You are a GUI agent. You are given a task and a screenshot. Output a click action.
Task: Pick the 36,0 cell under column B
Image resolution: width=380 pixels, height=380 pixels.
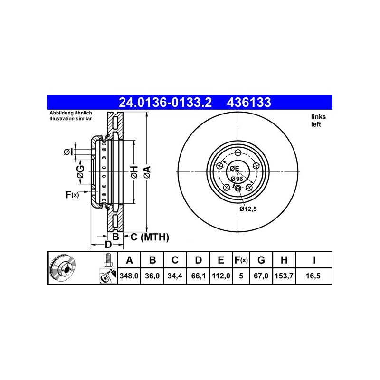pyautogui.click(x=152, y=275)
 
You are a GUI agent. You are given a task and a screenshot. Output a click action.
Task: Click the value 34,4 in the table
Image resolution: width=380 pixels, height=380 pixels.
pyautogui.click(x=175, y=275)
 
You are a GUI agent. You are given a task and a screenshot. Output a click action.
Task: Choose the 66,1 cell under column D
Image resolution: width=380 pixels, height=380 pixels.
pyautogui.click(x=199, y=275)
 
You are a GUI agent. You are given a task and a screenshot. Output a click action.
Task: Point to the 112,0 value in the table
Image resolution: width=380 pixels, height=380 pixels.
pyautogui.click(x=221, y=275)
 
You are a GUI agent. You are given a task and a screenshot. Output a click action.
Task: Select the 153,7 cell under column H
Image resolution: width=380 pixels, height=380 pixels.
pyautogui.click(x=284, y=275)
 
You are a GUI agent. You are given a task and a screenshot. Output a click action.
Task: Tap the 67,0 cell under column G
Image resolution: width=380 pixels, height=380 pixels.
pyautogui.click(x=261, y=275)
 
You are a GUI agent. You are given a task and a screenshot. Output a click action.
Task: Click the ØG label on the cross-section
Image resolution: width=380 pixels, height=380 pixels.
pyautogui.click(x=81, y=172)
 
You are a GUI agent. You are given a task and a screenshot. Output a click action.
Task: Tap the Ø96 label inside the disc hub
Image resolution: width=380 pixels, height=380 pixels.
pyautogui.click(x=237, y=179)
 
